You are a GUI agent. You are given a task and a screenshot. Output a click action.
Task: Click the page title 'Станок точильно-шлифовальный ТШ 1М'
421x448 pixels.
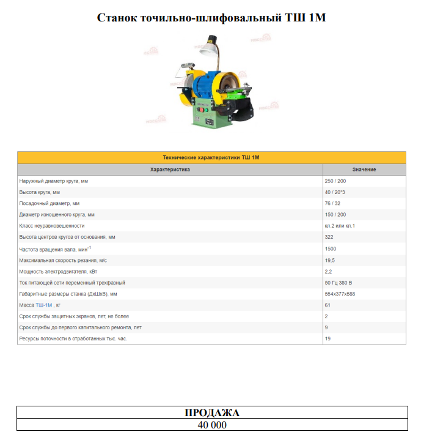[211, 17]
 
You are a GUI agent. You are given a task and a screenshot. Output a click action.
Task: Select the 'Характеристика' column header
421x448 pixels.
[170, 170]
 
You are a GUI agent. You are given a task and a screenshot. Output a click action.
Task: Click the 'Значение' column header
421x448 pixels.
[364, 170]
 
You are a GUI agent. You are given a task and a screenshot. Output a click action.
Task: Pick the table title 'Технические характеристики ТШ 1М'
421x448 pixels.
[211, 158]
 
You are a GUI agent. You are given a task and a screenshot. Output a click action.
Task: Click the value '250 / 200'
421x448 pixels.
[335, 181]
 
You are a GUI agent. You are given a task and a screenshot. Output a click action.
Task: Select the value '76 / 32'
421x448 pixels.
[332, 203]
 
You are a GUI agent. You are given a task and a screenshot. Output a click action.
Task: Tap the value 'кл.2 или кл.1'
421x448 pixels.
[340, 226]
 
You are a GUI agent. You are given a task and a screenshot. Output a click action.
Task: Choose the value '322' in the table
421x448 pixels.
[329, 237]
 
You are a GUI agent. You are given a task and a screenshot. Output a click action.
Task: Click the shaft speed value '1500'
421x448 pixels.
[331, 249]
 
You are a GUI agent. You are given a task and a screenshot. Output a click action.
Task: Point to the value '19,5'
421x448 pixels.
[330, 261]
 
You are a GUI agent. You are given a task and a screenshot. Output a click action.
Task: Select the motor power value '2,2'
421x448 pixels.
[328, 271]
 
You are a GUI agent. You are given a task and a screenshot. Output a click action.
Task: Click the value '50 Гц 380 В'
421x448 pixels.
[339, 283]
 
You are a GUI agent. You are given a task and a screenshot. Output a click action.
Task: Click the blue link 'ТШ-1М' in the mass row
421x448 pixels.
[44, 305]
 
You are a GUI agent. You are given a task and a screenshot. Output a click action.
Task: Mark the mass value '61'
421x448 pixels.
[328, 305]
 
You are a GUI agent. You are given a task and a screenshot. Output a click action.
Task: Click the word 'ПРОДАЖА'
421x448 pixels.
[212, 413]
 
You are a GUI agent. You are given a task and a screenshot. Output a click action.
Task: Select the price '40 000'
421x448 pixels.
[212, 425]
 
